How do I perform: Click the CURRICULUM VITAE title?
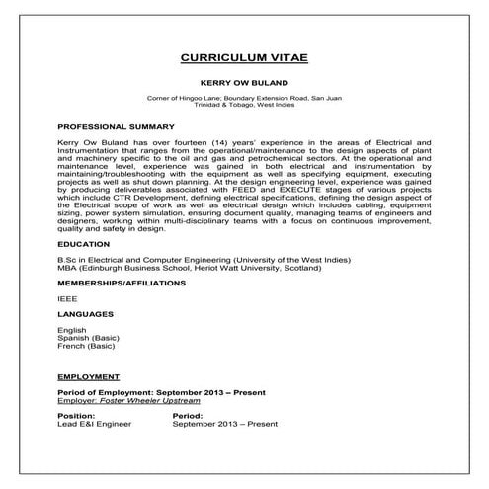coord(245,58)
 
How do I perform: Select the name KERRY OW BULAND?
coord(245,85)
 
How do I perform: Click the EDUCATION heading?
coord(84,242)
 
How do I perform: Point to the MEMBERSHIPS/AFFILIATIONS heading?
coord(122,283)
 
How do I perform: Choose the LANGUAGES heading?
coord(87,314)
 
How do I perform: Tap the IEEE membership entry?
coord(67,298)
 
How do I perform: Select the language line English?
coord(72,330)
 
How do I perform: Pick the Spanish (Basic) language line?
coord(87,338)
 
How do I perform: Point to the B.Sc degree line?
coord(199,259)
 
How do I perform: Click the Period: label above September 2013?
coord(188,417)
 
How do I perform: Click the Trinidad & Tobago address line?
coord(245,106)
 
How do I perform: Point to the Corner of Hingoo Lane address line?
coord(245,99)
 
